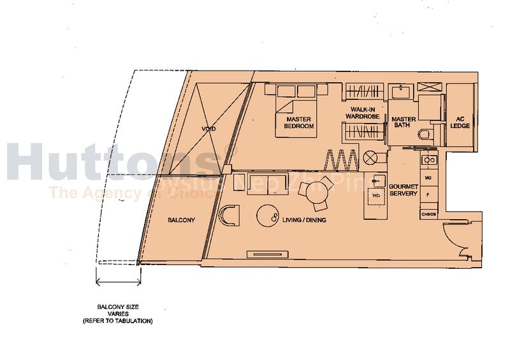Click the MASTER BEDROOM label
point(299,122)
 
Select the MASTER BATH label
point(404,122)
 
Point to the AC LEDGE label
point(460,122)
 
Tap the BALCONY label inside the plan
point(181,220)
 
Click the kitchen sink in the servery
point(430,160)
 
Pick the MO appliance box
point(428,176)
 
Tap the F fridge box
point(428,191)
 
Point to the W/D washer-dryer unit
point(376,196)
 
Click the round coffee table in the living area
point(267,215)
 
